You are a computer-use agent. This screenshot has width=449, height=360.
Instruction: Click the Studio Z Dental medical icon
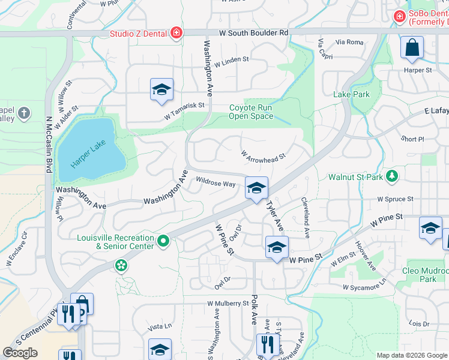[176, 32]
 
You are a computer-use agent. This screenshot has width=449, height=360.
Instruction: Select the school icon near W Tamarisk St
[161, 90]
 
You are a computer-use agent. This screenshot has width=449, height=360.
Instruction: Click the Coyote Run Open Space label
[251, 112]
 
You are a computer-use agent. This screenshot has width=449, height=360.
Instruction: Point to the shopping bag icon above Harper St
[412, 48]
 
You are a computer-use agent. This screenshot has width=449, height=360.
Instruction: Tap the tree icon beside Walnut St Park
[391, 176]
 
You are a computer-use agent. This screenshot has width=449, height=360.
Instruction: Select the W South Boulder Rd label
[253, 32]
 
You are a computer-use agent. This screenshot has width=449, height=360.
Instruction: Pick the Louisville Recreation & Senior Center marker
[163, 241]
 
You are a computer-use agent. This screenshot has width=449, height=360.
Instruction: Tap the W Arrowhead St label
[262, 155]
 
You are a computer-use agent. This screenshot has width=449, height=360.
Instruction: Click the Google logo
[20, 352]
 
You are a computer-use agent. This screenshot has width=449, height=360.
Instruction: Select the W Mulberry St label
[228, 304]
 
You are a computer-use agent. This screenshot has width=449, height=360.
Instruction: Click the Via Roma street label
[349, 42]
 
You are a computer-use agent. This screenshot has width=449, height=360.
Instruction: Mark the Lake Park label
[351, 94]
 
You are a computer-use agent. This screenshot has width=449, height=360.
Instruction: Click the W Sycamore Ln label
[365, 287]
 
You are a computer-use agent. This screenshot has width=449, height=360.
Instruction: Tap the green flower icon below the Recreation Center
[121, 265]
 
